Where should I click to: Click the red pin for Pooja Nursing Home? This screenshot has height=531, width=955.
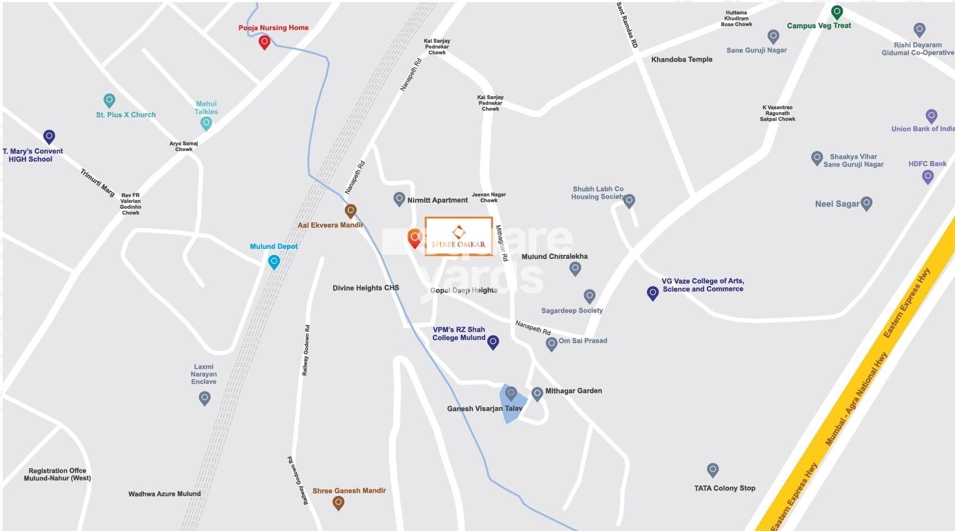point(264,42)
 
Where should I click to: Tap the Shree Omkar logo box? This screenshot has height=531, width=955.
point(459,237)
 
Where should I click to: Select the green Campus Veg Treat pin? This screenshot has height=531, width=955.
point(836,12)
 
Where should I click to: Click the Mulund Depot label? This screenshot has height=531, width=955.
point(274,246)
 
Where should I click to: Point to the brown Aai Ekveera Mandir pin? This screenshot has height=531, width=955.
point(350,211)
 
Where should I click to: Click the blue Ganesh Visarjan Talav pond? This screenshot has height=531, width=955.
point(511,404)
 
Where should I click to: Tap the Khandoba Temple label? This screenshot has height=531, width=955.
point(681,59)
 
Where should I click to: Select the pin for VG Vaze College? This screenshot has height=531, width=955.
point(653,292)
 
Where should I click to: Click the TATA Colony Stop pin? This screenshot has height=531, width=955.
point(713,470)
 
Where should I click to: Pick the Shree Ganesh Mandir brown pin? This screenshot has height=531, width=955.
point(338,503)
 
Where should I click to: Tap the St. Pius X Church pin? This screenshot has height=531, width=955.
point(109,101)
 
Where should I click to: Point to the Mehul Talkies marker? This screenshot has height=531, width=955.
point(206,123)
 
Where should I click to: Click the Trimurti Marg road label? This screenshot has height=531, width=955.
point(98,182)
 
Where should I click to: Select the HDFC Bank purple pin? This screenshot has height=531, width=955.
point(927,177)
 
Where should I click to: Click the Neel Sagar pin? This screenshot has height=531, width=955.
point(866,203)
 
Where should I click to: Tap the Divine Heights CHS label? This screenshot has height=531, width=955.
point(365,288)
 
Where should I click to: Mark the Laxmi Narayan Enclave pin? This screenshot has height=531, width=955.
point(204,398)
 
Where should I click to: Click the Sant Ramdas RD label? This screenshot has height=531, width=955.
point(627,26)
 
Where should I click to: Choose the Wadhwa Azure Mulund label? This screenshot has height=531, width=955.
point(164,494)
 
